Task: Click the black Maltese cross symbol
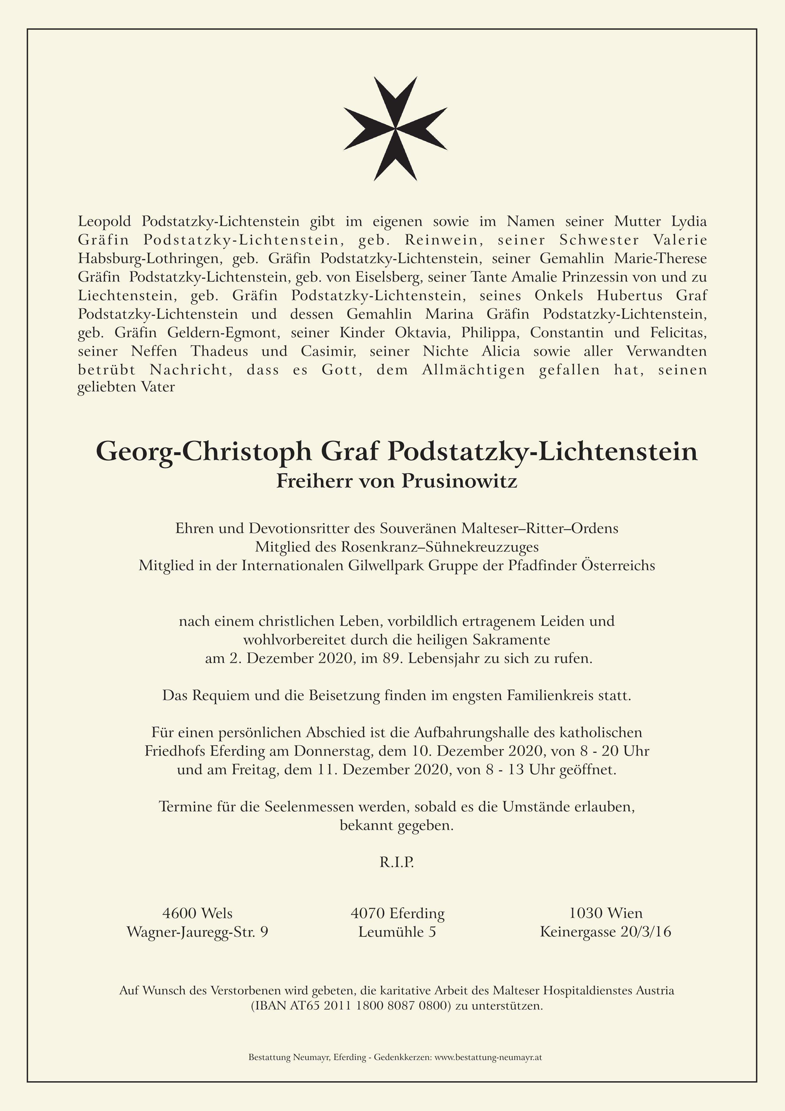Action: point(395,129)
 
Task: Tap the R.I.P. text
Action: point(396,863)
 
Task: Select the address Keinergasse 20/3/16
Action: point(605,932)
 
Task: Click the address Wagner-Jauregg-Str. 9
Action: point(197,932)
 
